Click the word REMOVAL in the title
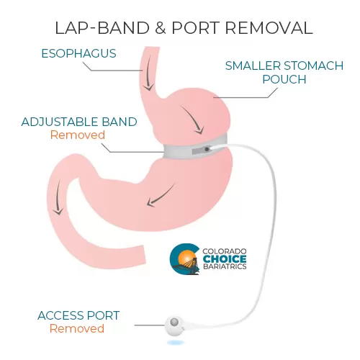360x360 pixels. click(x=269, y=28)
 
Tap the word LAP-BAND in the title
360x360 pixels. click(x=102, y=28)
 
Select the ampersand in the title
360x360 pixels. click(x=161, y=28)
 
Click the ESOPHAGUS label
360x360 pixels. click(x=78, y=53)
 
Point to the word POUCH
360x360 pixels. click(x=284, y=79)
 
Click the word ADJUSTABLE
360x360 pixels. click(x=60, y=122)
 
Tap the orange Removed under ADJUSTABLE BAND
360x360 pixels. click(x=78, y=135)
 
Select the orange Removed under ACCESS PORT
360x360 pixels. click(x=77, y=328)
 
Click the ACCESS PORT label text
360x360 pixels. click(x=78, y=315)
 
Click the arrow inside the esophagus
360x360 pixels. click(x=149, y=73)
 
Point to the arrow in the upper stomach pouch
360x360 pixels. click(x=193, y=120)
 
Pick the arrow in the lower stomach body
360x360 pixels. click(x=161, y=196)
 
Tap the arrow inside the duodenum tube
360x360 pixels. click(x=58, y=197)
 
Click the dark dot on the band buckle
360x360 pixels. click(x=207, y=149)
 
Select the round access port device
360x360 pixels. click(x=174, y=325)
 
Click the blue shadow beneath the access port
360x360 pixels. click(x=176, y=343)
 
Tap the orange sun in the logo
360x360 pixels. click(x=186, y=258)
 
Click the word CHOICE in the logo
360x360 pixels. click(x=225, y=259)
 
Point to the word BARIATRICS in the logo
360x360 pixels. click(x=225, y=266)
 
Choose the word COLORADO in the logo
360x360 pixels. click(x=225, y=251)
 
